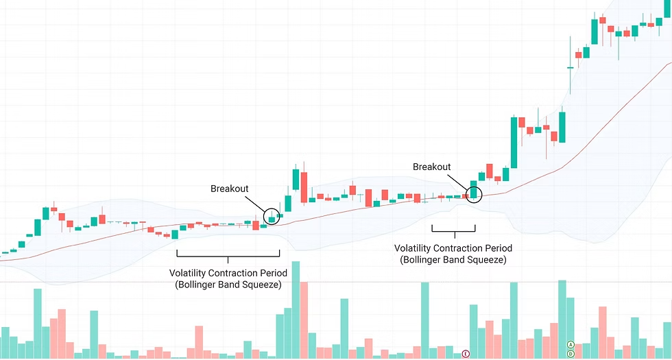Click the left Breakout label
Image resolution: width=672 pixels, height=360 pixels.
[x=229, y=189]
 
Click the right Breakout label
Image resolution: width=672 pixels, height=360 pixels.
[x=431, y=167]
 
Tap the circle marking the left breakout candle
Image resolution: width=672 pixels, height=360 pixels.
[x=272, y=217]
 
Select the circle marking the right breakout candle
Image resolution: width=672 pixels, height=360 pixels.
[x=474, y=193]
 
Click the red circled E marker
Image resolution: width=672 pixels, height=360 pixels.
[x=466, y=353]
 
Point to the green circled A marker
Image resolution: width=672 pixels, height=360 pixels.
[x=571, y=344]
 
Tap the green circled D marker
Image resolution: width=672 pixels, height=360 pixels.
[x=571, y=354]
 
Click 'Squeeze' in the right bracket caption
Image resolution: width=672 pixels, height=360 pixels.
[x=485, y=259]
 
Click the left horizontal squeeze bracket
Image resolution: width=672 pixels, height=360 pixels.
[x=228, y=254]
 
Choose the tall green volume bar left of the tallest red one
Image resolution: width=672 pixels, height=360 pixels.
[x=296, y=309]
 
